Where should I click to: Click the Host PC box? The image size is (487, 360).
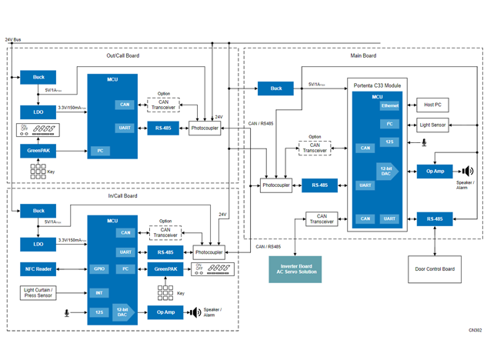click(x=432, y=105)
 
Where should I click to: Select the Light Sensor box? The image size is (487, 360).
click(x=432, y=124)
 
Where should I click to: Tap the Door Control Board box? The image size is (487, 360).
click(x=435, y=269)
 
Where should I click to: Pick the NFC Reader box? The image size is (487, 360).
click(x=38, y=269)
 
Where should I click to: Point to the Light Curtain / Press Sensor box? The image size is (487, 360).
click(x=38, y=293)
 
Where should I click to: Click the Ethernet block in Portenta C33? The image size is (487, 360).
click(x=390, y=105)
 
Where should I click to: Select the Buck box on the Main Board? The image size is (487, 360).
click(x=275, y=88)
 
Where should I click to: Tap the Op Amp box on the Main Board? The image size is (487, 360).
click(x=435, y=172)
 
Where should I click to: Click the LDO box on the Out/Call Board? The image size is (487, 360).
click(x=38, y=112)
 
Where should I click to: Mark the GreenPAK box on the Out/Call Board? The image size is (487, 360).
click(x=38, y=151)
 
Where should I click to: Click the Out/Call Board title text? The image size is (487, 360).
click(x=123, y=55)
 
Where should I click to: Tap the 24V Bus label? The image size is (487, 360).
click(x=13, y=39)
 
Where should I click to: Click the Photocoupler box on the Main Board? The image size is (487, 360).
click(x=276, y=185)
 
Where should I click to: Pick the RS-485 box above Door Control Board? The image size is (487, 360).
click(x=435, y=219)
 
